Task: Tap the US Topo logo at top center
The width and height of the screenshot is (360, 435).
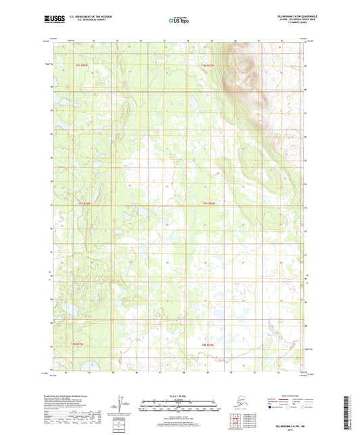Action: pos(179,21)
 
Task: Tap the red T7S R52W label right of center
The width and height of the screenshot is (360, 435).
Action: pos(209,203)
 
